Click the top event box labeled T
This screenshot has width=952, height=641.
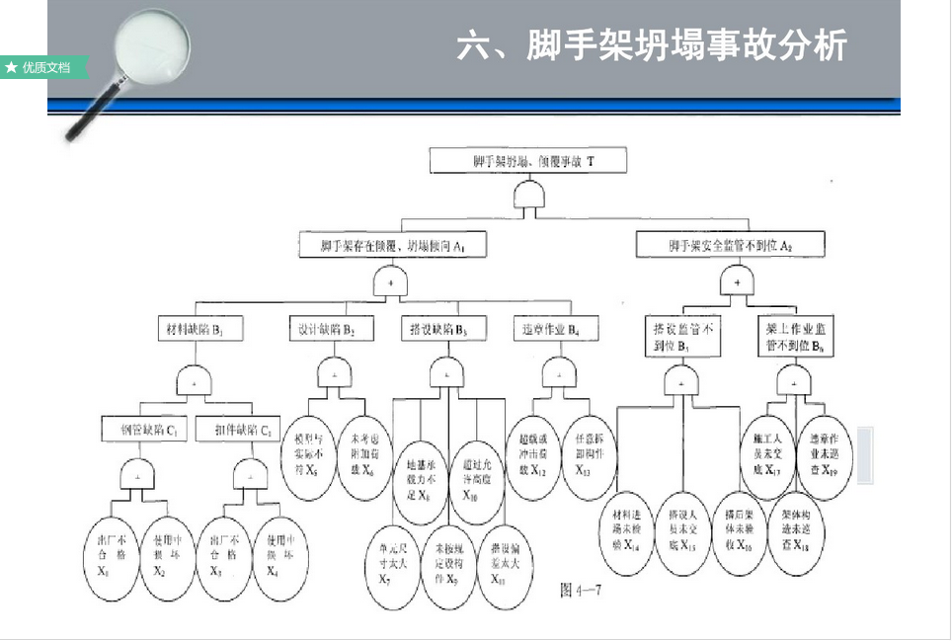527,160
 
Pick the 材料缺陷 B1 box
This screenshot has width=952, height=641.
199,327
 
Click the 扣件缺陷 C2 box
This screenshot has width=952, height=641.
238,430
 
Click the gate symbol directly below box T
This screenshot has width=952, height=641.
529,196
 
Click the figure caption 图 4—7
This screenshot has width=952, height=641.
581,591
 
